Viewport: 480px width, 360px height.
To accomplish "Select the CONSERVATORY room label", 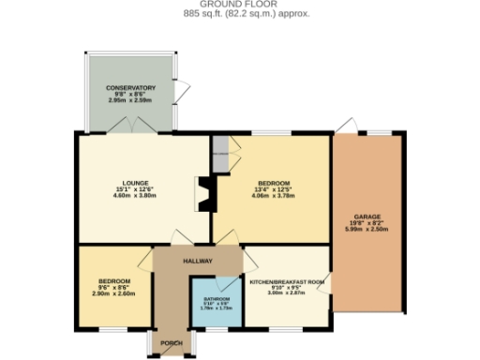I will click(x=130, y=87).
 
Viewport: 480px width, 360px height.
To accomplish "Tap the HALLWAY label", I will click(x=198, y=261).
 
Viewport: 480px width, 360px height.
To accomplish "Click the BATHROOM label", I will click(x=217, y=298).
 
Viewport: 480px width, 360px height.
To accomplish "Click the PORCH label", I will click(x=171, y=342).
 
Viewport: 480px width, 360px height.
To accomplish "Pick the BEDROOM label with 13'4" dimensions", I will click(x=273, y=182).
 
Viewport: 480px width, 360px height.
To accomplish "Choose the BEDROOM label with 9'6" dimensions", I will click(x=114, y=281).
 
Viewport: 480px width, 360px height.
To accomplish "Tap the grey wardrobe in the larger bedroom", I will click(x=220, y=157).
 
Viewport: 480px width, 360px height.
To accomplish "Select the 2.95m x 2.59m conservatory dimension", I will click(x=130, y=100).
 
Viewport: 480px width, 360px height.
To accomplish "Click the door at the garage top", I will click(x=346, y=127).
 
